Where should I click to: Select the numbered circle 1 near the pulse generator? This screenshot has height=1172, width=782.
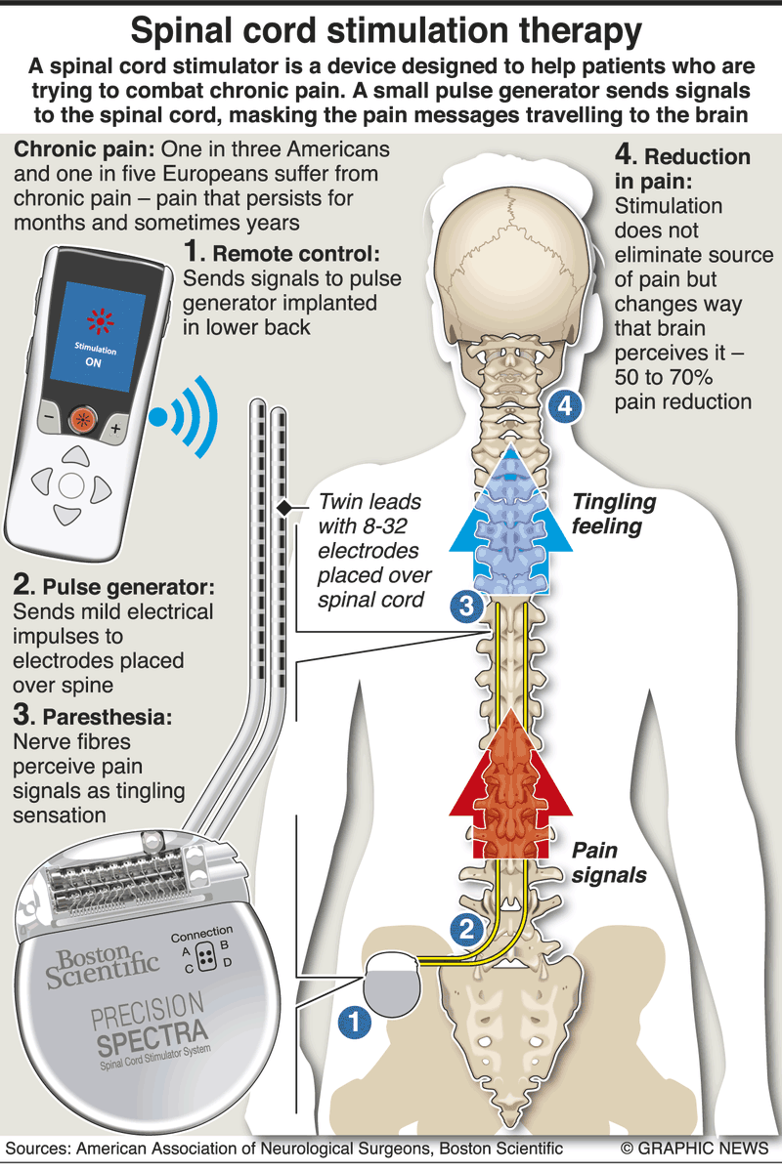coord(353,1022)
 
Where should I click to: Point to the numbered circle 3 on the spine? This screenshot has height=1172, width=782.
coord(465,607)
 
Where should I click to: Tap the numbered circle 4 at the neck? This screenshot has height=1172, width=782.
coord(564,404)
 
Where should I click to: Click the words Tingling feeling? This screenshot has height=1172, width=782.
coord(613,515)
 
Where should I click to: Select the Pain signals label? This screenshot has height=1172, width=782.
coord(608,862)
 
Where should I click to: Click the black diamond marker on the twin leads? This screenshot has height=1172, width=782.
coord(284,508)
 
